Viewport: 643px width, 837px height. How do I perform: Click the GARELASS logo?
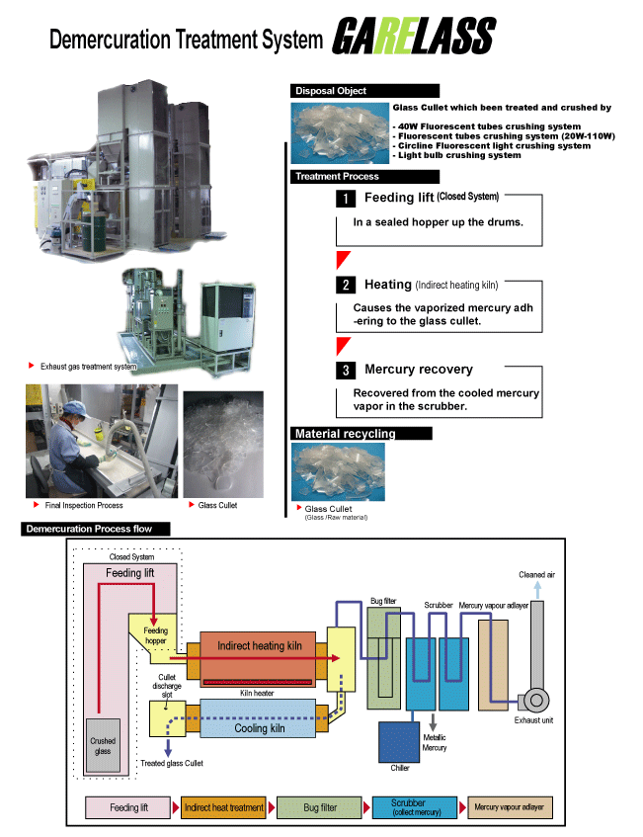point(414,36)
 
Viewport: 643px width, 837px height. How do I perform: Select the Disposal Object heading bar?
point(364,91)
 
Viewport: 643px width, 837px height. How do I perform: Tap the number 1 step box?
point(346,199)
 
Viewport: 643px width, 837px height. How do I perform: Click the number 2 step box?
point(346,285)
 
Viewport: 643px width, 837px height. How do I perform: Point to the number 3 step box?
point(346,371)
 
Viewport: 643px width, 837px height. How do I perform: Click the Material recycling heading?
point(362,434)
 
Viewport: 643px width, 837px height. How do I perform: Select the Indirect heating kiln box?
point(258,659)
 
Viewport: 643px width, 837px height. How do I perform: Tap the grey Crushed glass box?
point(103,745)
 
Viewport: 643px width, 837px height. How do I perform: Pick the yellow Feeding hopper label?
point(155,635)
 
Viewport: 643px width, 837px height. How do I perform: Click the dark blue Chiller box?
point(399,742)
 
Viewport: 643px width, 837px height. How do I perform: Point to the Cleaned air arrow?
point(537,590)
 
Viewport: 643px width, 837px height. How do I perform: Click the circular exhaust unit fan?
point(536,700)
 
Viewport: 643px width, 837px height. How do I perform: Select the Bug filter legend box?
point(320,807)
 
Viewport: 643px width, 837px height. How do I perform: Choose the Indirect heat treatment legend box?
point(224,807)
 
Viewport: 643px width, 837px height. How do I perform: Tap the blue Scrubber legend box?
point(415,807)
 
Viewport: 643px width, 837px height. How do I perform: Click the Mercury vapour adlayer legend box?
point(510,807)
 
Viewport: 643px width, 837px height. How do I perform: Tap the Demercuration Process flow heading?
point(96,529)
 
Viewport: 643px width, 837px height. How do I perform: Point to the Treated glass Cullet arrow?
point(168,748)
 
